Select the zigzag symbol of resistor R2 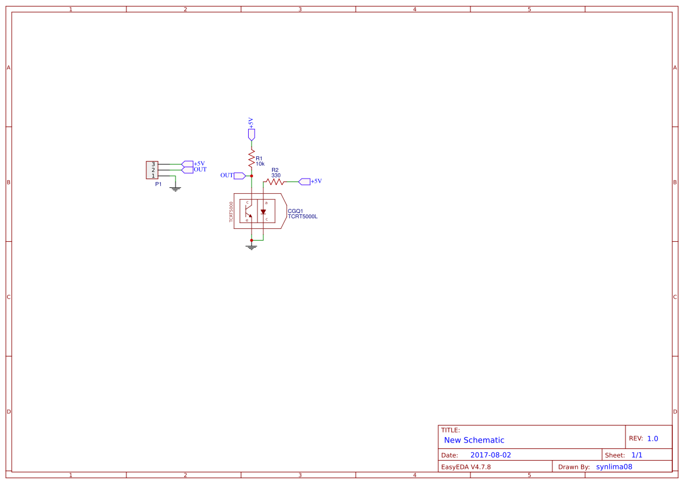pyautogui.click(x=274, y=181)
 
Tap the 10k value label pyautogui.click(x=260, y=164)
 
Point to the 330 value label pyautogui.click(x=276, y=175)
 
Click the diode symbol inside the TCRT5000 pyautogui.click(x=263, y=212)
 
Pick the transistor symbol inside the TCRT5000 pyautogui.click(x=249, y=211)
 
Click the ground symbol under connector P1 pyautogui.click(x=175, y=188)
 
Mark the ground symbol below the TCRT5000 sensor pyautogui.click(x=252, y=247)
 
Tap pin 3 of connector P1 pyautogui.click(x=153, y=164)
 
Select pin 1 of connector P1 pyautogui.click(x=153, y=176)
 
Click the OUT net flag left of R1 pyautogui.click(x=239, y=176)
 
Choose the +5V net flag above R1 pyautogui.click(x=252, y=134)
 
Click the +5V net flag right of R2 pyautogui.click(x=304, y=181)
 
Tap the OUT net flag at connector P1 pyautogui.click(x=187, y=170)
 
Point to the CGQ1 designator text pyautogui.click(x=295, y=211)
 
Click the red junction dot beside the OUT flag pyautogui.click(x=252, y=176)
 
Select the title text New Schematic pyautogui.click(x=474, y=440)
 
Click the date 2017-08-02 pyautogui.click(x=490, y=455)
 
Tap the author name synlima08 pyautogui.click(x=614, y=466)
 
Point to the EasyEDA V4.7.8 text pyautogui.click(x=466, y=466)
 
